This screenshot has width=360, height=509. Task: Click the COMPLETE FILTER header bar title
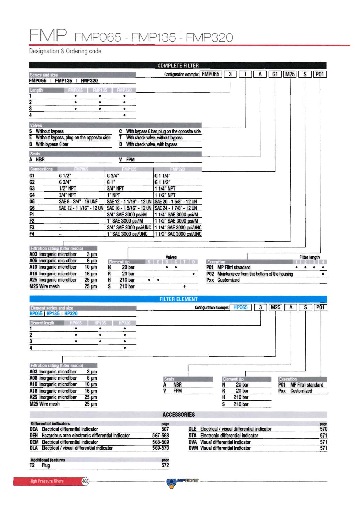click(178, 65)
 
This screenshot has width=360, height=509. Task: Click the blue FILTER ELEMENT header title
click(178, 299)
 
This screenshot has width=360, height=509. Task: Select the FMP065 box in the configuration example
click(211, 74)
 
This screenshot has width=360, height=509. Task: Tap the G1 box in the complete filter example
click(275, 74)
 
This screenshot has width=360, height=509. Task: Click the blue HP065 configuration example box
click(241, 307)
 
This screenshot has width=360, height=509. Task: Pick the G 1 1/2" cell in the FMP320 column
click(163, 182)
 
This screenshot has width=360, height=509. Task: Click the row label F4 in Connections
click(32, 234)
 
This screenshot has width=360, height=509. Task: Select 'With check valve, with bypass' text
click(151, 144)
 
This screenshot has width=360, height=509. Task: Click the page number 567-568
click(161, 436)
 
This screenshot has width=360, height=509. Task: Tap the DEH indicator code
click(34, 436)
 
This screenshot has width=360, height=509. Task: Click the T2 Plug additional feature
click(40, 465)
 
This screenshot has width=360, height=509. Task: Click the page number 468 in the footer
click(85, 481)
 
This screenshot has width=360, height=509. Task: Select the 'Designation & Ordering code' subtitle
click(65, 51)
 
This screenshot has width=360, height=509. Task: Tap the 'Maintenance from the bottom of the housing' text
click(255, 274)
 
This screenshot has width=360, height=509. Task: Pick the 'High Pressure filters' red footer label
click(46, 481)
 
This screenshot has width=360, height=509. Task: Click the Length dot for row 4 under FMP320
click(124, 115)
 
